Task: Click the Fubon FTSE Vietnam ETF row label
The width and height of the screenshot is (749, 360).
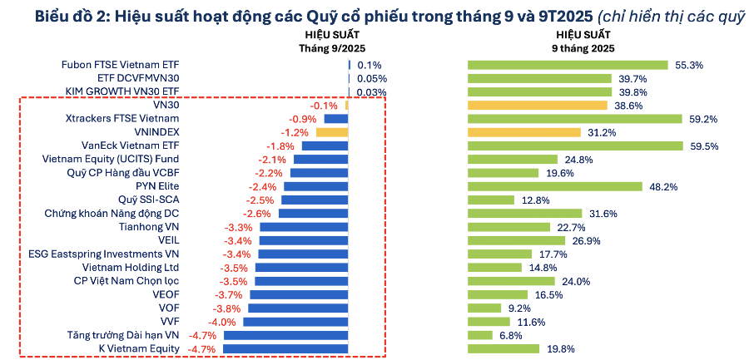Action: pyautogui.click(x=121, y=65)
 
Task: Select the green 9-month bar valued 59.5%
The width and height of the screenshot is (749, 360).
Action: pyautogui.click(x=575, y=145)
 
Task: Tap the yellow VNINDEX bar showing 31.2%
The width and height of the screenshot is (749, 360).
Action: pyautogui.click(x=523, y=132)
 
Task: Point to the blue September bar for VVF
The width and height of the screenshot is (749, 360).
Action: pyautogui.click(x=295, y=322)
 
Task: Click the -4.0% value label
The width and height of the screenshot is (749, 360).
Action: pyautogui.click(x=223, y=322)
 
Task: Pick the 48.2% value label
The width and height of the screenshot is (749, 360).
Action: pyautogui.click(x=663, y=186)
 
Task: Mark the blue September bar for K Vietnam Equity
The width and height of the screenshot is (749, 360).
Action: pyautogui.click(x=285, y=348)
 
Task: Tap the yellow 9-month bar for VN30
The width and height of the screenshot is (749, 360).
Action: pyautogui.click(x=537, y=106)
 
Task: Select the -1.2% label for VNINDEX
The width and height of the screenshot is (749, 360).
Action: pyautogui.click(x=295, y=132)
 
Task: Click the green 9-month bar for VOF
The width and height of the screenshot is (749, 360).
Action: pyautogui.click(x=484, y=308)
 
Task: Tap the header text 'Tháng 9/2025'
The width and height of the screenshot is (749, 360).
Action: pyautogui.click(x=332, y=48)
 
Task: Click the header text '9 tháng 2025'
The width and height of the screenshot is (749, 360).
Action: pyautogui.click(x=583, y=48)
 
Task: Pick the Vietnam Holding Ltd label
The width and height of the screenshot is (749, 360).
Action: pyautogui.click(x=131, y=267)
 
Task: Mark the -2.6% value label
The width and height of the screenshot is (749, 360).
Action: pyautogui.click(x=259, y=213)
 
